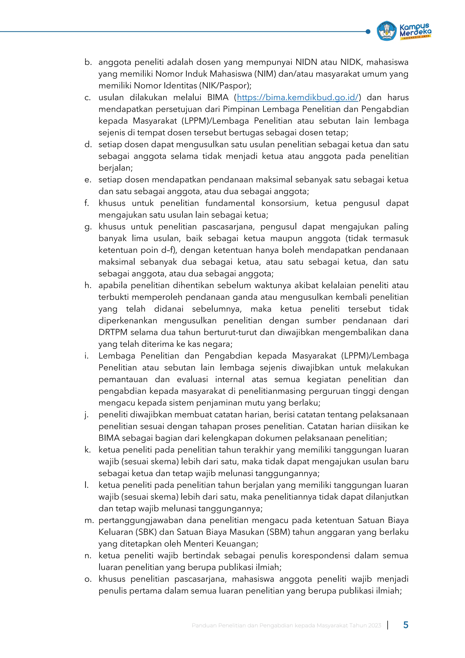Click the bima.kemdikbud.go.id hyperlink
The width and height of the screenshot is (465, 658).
(297, 97)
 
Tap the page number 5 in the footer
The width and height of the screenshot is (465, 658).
(406, 625)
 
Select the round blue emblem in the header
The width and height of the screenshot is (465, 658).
(386, 31)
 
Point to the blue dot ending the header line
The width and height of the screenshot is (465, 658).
(368, 32)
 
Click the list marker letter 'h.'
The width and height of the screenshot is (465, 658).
(88, 285)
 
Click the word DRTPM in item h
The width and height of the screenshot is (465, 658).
(113, 332)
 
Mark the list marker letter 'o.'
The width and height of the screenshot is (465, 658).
(88, 579)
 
